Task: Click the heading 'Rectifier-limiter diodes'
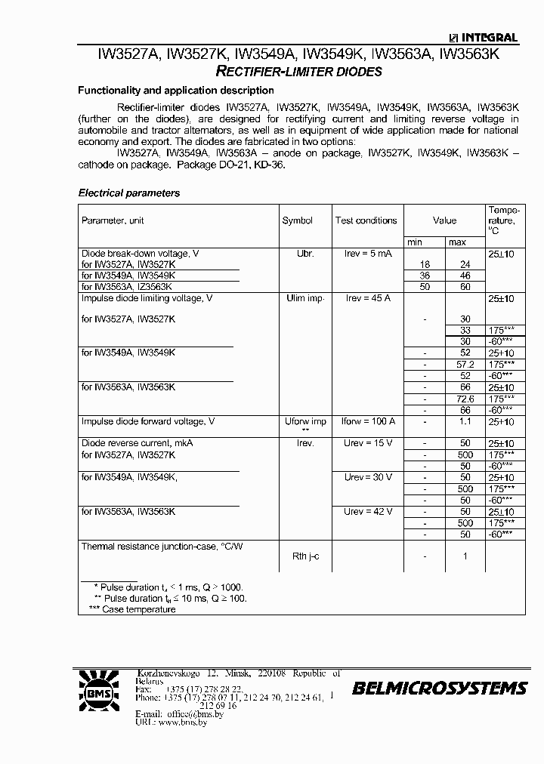pyautogui.click(x=298, y=72)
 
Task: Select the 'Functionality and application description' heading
pyautogui.click(x=176, y=91)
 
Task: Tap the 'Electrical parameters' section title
pyautogui.click(x=129, y=193)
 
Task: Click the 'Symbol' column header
pyautogui.click(x=297, y=220)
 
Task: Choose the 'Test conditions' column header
pyautogui.click(x=366, y=220)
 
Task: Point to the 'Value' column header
pyautogui.click(x=444, y=220)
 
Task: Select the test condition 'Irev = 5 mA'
pyautogui.click(x=369, y=254)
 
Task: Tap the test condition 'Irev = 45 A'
pyautogui.click(x=368, y=298)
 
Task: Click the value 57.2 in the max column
pyautogui.click(x=465, y=364)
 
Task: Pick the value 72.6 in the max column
pyautogui.click(x=465, y=398)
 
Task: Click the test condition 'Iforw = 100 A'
pyautogui.click(x=369, y=421)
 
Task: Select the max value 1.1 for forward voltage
pyautogui.click(x=465, y=421)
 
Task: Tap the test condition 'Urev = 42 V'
pyautogui.click(x=368, y=511)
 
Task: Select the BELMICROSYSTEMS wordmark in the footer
pyautogui.click(x=439, y=688)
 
